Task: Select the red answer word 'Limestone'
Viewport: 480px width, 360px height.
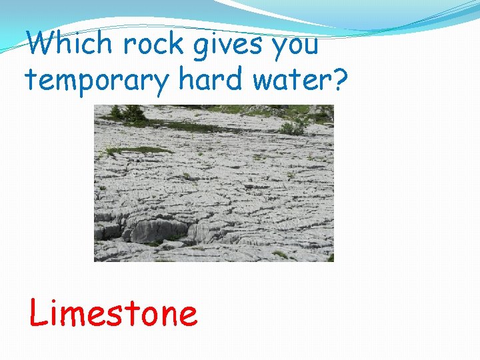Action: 113,313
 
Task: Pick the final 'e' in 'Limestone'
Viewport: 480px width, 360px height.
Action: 187,317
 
